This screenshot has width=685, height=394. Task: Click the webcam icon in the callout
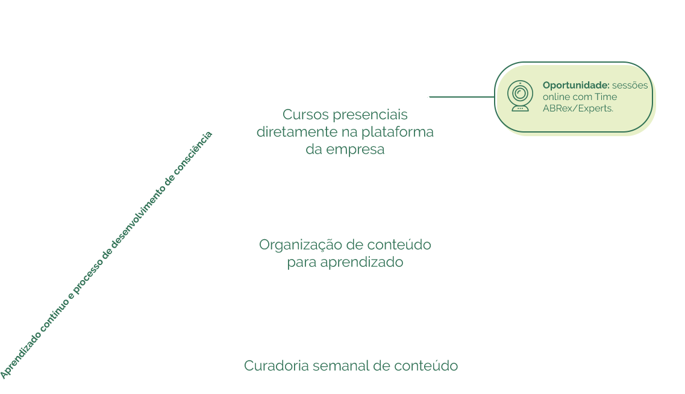pos(519,96)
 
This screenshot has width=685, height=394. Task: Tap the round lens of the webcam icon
pos(519,93)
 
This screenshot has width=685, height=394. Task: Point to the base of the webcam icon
pos(519,108)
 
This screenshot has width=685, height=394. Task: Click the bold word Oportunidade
pos(576,86)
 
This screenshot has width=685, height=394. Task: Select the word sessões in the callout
pos(630,86)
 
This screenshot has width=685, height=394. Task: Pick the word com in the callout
pos(583,97)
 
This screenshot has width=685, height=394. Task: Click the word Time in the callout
pos(606,97)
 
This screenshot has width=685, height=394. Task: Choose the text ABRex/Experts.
pos(578,108)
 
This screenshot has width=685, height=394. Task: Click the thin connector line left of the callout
pos(461,96)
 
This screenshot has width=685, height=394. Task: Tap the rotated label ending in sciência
pos(196,148)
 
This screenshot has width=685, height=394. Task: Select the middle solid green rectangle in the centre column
pos(345,254)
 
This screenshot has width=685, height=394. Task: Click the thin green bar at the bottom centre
pos(351,365)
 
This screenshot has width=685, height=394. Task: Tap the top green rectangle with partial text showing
pos(346,133)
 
